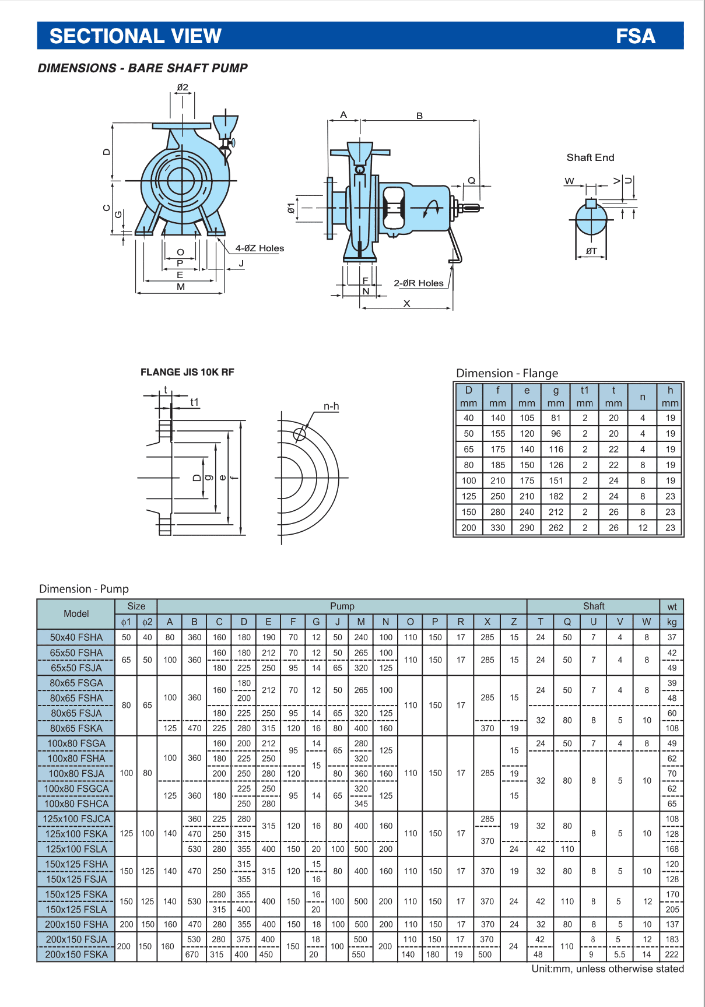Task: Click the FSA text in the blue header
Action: [x=635, y=36]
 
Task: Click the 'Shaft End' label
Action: [x=590, y=157]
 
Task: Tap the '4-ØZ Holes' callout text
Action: [x=259, y=248]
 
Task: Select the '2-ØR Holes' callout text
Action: [x=419, y=283]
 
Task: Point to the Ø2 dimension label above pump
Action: [x=183, y=87]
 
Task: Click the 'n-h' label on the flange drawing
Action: [x=331, y=406]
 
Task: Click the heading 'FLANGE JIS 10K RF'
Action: [x=187, y=372]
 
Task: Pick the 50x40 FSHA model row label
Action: [x=76, y=637]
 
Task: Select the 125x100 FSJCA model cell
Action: [x=76, y=819]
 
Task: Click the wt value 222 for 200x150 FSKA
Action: [x=672, y=955]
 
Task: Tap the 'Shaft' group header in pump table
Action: [x=593, y=606]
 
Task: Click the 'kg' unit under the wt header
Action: [x=672, y=622]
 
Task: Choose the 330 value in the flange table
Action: [x=497, y=528]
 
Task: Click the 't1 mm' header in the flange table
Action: [x=584, y=397]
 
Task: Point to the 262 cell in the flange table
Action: [x=556, y=528]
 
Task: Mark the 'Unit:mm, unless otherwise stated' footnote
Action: [x=607, y=969]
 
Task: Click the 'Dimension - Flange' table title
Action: [x=507, y=373]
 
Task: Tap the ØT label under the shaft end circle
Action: [x=591, y=251]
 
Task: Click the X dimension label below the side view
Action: [x=406, y=304]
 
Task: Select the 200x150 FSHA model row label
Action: [x=76, y=924]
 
